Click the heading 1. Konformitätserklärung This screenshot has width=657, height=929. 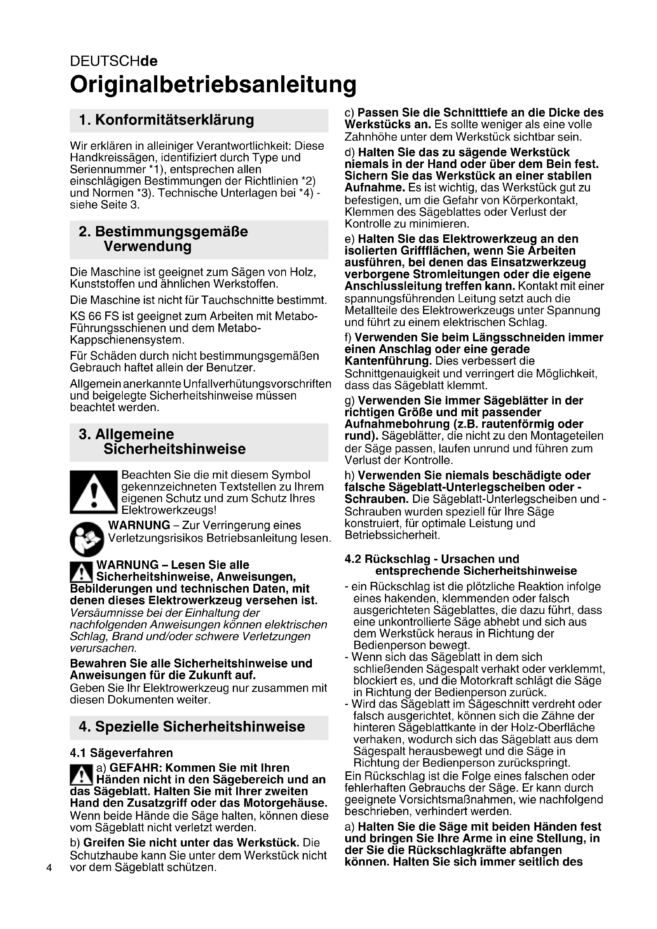click(166, 120)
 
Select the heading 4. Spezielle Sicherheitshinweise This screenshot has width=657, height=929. click(192, 726)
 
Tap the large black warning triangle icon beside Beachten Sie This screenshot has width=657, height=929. click(93, 492)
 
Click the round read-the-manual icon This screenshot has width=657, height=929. click(87, 539)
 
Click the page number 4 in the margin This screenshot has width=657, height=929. click(49, 867)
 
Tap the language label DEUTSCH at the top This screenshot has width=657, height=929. click(105, 61)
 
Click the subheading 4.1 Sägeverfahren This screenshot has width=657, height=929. click(122, 753)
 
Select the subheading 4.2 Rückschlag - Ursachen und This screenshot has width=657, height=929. click(432, 559)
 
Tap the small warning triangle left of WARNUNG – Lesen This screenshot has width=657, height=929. click(81, 572)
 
